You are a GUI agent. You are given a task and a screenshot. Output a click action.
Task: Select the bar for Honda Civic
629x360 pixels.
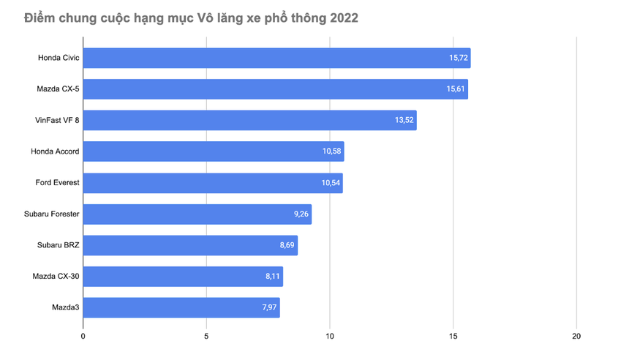click(276, 58)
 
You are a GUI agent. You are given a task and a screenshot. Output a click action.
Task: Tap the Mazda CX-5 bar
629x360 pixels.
click(275, 89)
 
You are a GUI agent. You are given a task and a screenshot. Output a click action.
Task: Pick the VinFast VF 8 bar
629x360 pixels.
click(249, 121)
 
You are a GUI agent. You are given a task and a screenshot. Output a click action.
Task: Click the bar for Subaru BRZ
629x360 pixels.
click(190, 246)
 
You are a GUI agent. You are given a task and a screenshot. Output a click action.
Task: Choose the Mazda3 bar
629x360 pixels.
click(181, 308)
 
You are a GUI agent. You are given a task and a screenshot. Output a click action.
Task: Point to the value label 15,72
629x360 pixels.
click(459, 58)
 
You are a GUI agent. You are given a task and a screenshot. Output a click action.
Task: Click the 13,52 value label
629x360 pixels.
click(404, 121)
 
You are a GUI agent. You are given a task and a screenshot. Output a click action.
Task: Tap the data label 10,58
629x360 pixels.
click(332, 151)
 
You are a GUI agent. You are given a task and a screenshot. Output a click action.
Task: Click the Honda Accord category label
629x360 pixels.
click(55, 151)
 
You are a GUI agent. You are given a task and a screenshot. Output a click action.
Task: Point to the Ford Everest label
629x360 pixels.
click(57, 183)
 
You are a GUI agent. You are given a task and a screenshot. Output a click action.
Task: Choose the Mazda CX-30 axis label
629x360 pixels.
click(56, 277)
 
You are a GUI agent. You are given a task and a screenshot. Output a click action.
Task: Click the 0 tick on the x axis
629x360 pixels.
click(83, 337)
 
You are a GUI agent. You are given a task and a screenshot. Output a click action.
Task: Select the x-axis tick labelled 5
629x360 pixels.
click(206, 337)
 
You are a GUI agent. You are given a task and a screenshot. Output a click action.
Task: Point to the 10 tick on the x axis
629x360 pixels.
click(330, 337)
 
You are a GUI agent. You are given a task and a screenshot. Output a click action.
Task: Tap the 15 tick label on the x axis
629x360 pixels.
click(453, 337)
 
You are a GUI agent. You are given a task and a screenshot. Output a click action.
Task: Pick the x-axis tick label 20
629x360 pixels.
click(576, 337)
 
